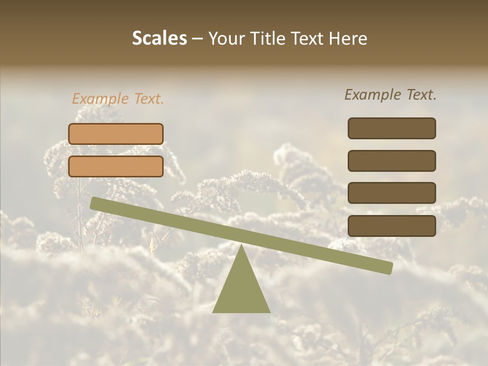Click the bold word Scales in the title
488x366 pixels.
click(x=159, y=39)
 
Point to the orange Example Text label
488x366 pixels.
click(x=118, y=99)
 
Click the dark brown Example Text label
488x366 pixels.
click(x=390, y=95)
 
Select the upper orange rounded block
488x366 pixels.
click(x=116, y=134)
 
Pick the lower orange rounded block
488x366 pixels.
click(x=116, y=166)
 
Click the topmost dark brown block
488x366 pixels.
click(x=391, y=128)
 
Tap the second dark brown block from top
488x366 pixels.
click(x=391, y=161)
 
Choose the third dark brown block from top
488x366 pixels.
click(x=391, y=193)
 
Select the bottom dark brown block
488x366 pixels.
click(x=391, y=226)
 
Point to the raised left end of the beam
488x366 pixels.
click(x=95, y=203)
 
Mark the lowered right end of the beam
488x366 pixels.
click(x=388, y=268)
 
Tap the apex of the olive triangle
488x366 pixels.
click(x=241, y=246)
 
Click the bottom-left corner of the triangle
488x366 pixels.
click(x=213, y=312)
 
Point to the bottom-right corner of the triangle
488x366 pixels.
click(x=269, y=312)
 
